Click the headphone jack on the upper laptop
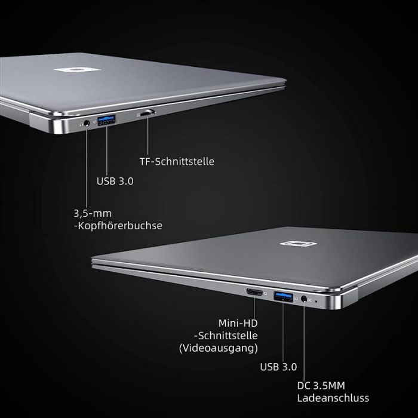[87, 122]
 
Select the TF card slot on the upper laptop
[147, 112]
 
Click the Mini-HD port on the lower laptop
[254, 293]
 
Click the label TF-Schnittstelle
[176, 161]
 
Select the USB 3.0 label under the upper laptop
[115, 180]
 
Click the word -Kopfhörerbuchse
[118, 226]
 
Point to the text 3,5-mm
[93, 213]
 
